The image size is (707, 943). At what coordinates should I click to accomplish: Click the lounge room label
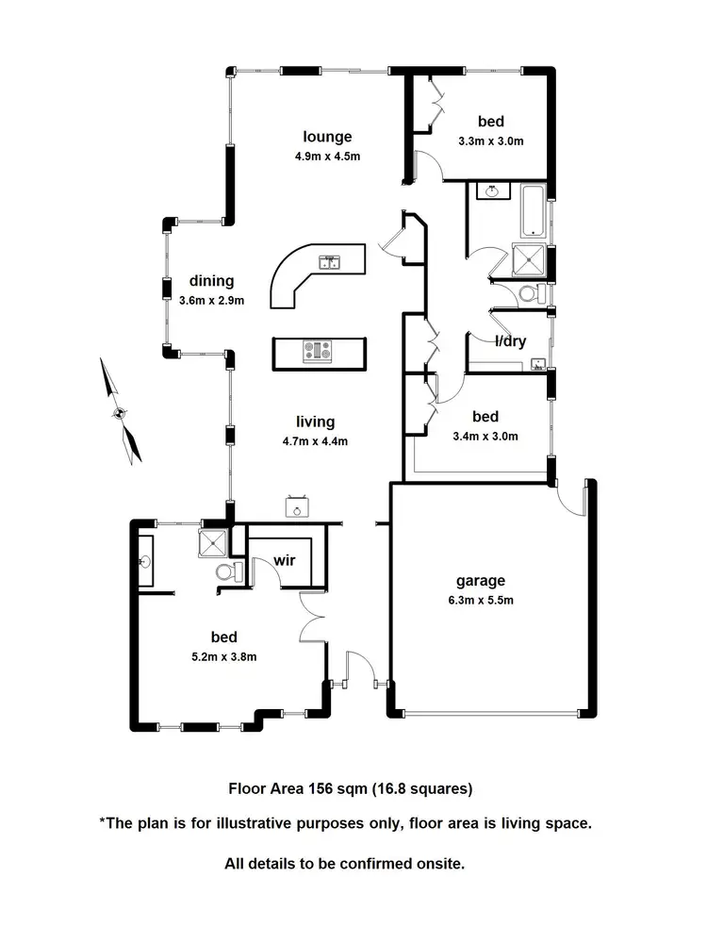[x=327, y=136]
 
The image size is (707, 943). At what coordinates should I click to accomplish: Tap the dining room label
[x=211, y=281]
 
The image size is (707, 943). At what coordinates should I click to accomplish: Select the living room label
[x=314, y=422]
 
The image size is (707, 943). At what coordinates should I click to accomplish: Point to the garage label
[x=481, y=581]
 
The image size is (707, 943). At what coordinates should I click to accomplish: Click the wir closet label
[x=285, y=560]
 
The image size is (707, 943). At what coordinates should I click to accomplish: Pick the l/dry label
[x=510, y=341]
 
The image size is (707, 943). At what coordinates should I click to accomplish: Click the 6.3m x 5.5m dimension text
[x=481, y=600]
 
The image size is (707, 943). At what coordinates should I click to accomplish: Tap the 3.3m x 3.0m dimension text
[x=490, y=141]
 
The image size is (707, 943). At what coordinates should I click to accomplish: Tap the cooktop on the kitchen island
[x=318, y=352]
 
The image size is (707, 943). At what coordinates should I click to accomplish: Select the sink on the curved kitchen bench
[x=331, y=262]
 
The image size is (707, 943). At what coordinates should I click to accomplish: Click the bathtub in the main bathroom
[x=532, y=210]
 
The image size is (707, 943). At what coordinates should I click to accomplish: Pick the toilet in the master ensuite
[x=223, y=572]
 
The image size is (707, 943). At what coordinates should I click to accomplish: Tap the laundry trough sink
[x=538, y=363]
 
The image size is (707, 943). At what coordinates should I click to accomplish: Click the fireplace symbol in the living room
[x=299, y=506]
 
